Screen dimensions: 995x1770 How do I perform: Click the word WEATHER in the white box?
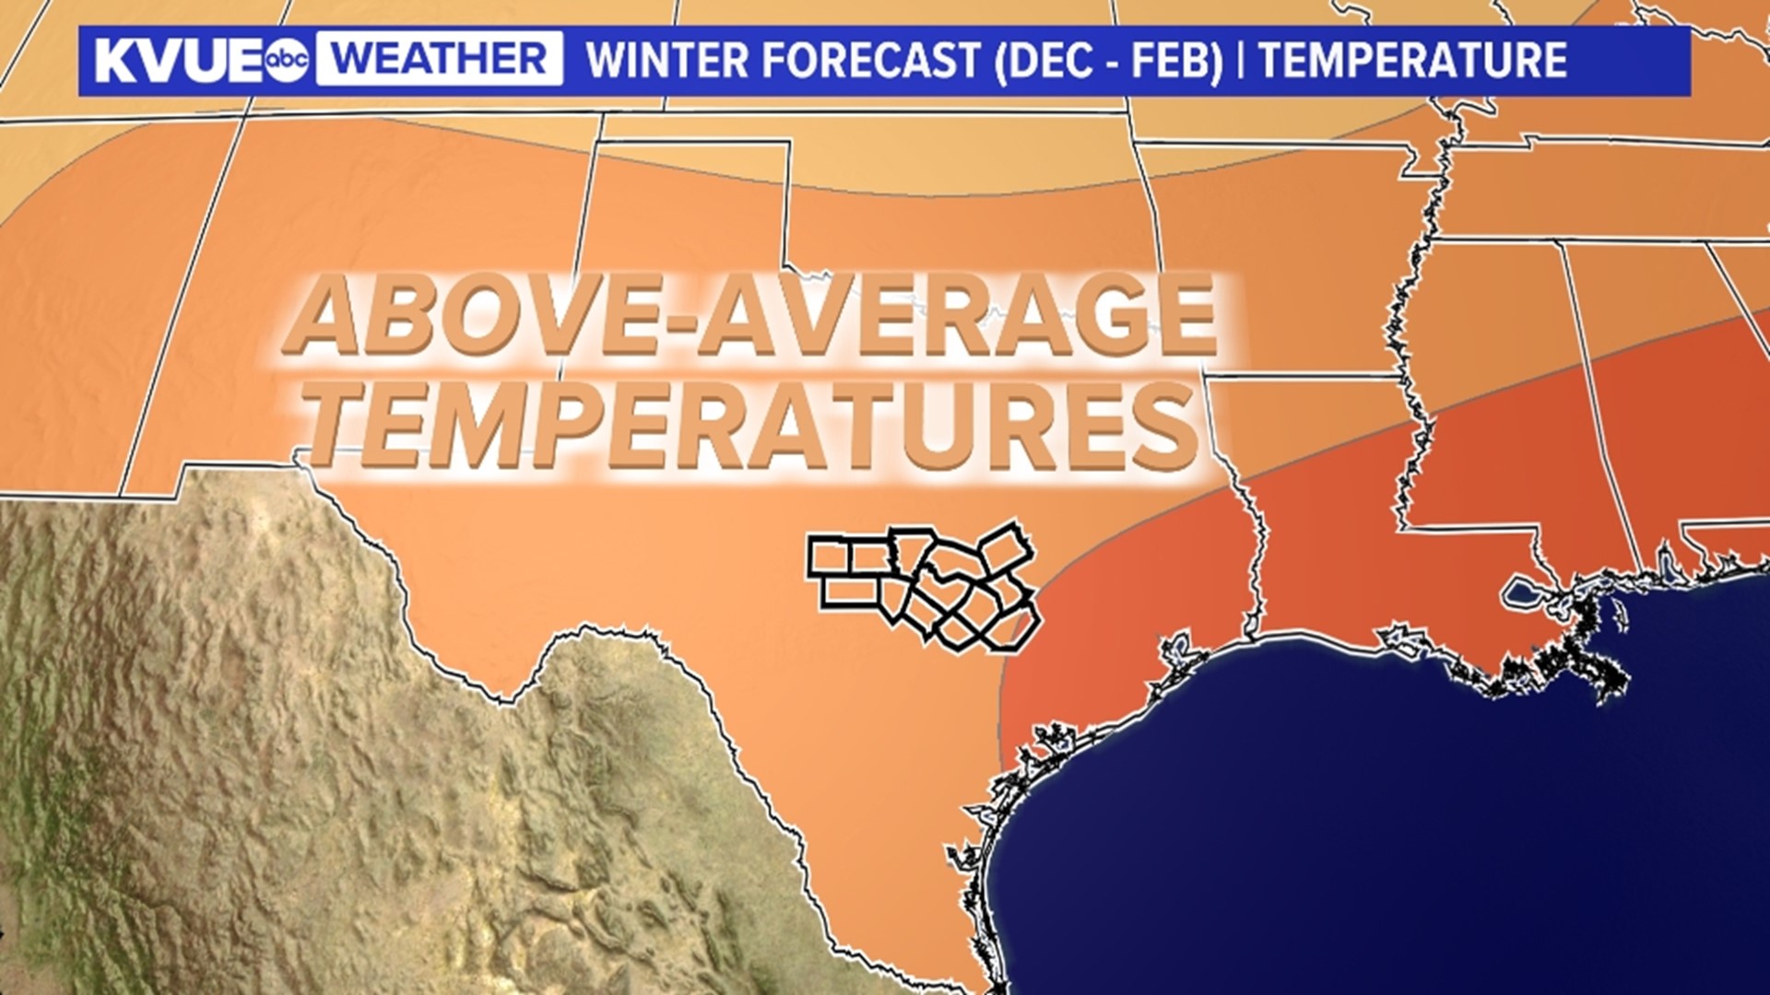click(439, 60)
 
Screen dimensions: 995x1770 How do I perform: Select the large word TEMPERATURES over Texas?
click(751, 426)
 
